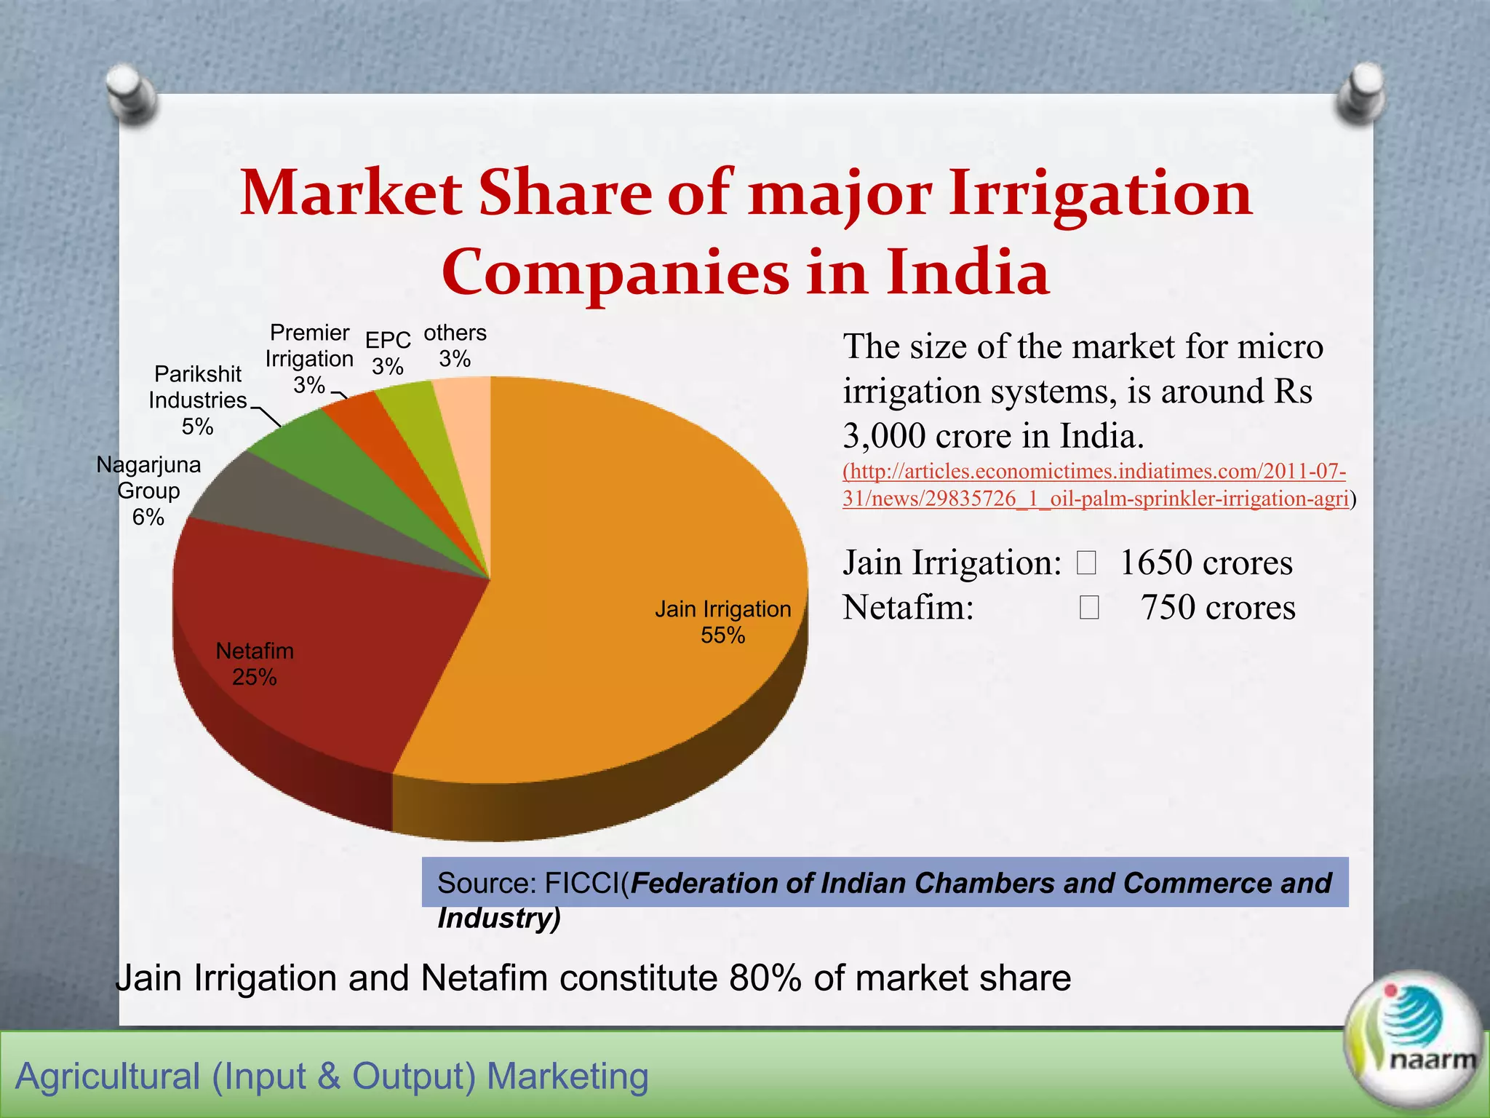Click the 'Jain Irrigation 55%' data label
pyautogui.click(x=722, y=622)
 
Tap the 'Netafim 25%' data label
pyautogui.click(x=255, y=664)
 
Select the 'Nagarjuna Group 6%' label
pyautogui.click(x=148, y=491)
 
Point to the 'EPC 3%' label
pyautogui.click(x=388, y=353)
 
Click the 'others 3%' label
pyautogui.click(x=455, y=346)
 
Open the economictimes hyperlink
pyautogui.click(x=1095, y=485)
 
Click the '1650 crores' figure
pyautogui.click(x=1206, y=563)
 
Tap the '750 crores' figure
pyautogui.click(x=1217, y=607)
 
